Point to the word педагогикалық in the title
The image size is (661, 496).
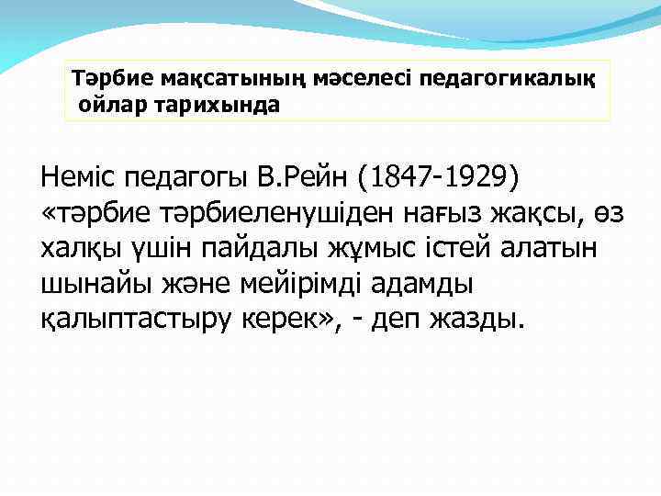pyautogui.click(x=508, y=81)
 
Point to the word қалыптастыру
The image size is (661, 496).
pyautogui.click(x=129, y=322)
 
